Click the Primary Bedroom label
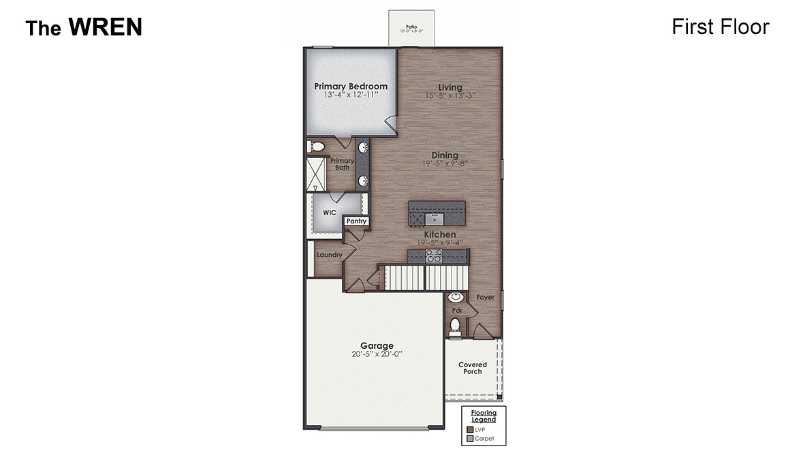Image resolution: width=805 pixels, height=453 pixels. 351,87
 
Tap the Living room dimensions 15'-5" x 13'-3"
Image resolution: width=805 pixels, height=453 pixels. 449,96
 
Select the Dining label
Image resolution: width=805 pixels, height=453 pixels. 444,155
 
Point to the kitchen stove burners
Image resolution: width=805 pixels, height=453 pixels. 434,255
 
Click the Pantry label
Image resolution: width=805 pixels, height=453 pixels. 356,221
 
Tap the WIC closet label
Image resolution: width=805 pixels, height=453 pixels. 330,213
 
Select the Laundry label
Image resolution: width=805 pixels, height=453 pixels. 329,255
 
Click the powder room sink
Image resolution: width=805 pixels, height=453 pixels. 456,297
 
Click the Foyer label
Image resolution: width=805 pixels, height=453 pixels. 485,298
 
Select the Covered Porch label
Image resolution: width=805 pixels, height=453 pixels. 472,368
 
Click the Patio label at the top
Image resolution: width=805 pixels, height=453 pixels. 411,27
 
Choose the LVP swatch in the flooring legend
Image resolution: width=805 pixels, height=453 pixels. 470,430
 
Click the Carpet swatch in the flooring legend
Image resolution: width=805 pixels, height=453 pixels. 470,439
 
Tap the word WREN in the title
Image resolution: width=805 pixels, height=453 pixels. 105,27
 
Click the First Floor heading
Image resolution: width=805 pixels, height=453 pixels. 720,27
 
